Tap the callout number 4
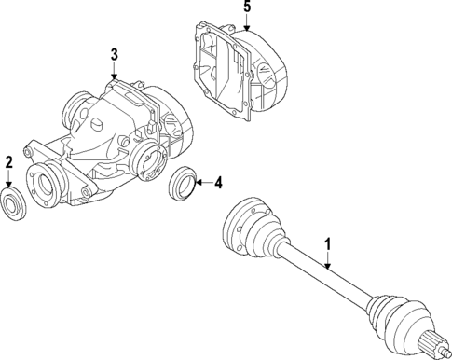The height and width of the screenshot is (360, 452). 218,184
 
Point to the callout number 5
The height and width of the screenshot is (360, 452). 246,7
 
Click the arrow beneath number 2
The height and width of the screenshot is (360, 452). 9,181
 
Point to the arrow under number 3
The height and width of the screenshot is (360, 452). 114,73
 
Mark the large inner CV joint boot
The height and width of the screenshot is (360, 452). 250,227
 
